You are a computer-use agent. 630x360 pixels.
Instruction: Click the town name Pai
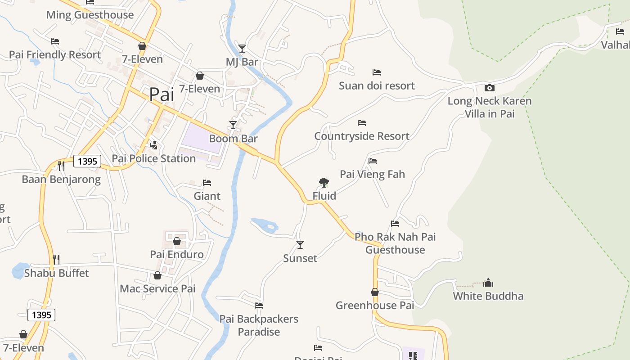(x=161, y=94)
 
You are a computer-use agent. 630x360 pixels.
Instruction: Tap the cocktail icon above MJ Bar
(x=242, y=48)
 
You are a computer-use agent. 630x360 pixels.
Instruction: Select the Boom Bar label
(x=233, y=139)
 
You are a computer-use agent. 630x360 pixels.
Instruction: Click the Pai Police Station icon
(x=154, y=145)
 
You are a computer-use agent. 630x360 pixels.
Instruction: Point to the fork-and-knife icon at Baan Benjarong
(x=61, y=166)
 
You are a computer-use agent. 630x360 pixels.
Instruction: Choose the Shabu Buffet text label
(x=57, y=273)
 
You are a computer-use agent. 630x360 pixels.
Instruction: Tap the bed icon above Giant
(x=207, y=183)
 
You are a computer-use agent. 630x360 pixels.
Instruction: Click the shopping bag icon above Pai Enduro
(x=177, y=242)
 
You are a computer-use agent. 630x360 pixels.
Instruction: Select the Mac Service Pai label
(x=157, y=288)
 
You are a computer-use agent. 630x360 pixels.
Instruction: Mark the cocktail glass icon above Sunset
(x=300, y=245)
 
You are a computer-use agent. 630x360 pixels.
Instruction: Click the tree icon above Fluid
(x=324, y=182)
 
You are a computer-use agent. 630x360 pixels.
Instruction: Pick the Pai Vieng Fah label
(x=372, y=174)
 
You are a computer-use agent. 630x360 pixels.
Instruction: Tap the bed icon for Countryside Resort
(x=362, y=123)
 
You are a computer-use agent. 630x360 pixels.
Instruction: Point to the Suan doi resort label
(x=377, y=85)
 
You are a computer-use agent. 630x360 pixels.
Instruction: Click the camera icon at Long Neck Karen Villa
(x=490, y=88)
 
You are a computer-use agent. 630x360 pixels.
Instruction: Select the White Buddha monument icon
(x=488, y=283)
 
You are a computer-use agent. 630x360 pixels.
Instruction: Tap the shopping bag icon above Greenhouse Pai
(x=375, y=292)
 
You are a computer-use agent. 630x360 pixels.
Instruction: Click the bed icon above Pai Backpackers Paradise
(x=259, y=306)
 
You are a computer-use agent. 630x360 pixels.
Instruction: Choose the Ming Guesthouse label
(x=90, y=15)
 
